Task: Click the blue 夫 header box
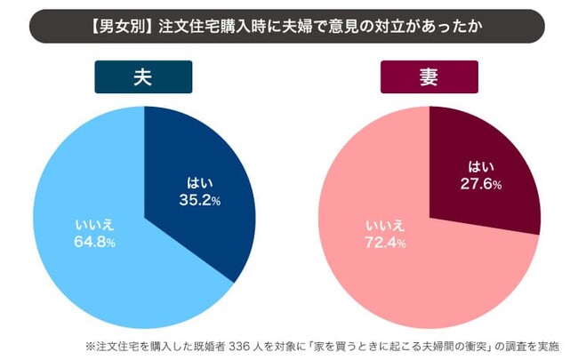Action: point(144,77)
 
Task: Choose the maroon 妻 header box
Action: point(429,77)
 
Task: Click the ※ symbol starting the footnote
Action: point(91,344)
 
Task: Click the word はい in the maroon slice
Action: point(484,167)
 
